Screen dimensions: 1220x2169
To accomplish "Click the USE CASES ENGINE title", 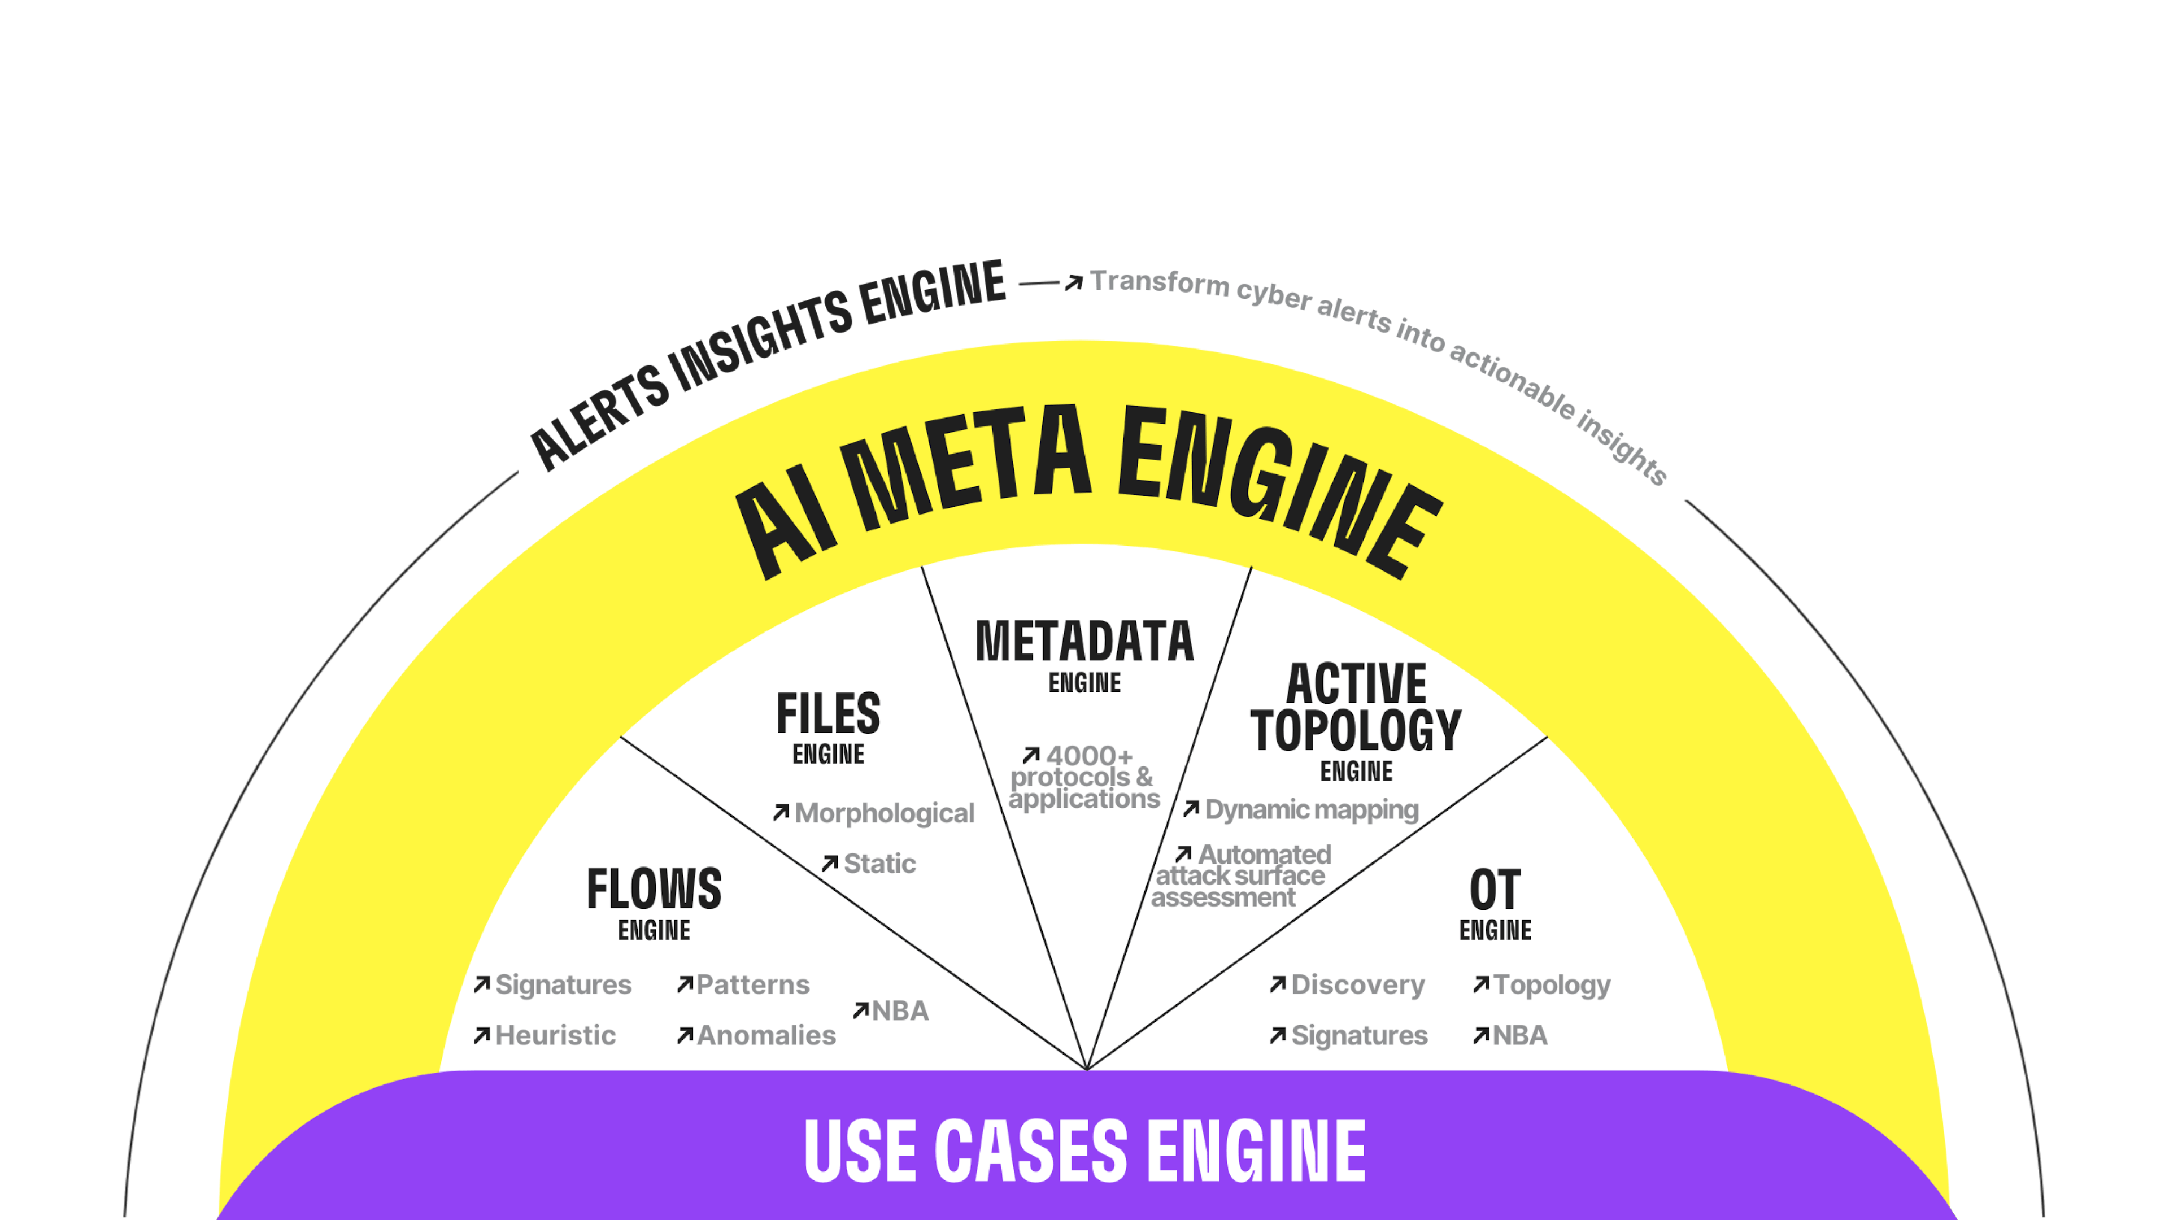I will tap(1084, 1151).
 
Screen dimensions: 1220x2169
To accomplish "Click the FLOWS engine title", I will tap(654, 889).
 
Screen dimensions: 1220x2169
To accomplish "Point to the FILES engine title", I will tap(829, 714).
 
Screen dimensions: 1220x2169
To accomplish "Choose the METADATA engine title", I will tap(1084, 642).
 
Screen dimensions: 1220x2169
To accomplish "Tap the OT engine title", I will tap(1495, 890).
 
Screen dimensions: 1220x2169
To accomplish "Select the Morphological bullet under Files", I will tap(884, 813).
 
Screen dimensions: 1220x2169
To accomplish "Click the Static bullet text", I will tap(879, 864).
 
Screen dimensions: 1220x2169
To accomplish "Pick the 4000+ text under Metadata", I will tap(1088, 755).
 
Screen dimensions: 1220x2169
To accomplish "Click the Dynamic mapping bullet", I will tap(1311, 810).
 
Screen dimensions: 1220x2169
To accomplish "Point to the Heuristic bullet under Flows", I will tap(555, 1036).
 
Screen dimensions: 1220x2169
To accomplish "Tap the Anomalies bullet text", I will tap(766, 1036).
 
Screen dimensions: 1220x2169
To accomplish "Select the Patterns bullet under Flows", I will tap(753, 985).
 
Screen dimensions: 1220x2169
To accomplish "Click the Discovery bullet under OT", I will tap(1357, 985).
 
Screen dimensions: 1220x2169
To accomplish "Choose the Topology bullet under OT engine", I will tap(1551, 985).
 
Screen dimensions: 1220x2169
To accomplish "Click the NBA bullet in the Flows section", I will tap(899, 1011).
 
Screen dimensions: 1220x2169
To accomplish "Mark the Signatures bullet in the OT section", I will tap(1359, 1036).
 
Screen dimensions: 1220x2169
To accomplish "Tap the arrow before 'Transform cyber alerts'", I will tap(1073, 283).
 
